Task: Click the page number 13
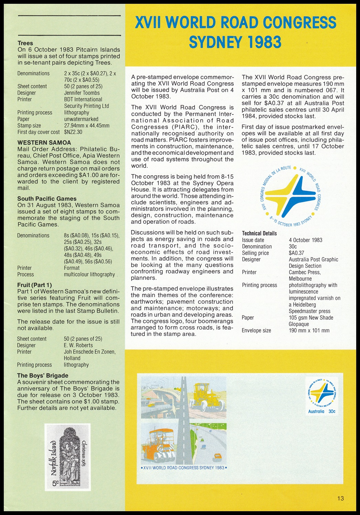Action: (x=341, y=498)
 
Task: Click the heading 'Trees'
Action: (x=25, y=43)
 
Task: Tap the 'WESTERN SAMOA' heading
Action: (x=44, y=143)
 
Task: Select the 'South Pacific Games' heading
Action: (x=47, y=199)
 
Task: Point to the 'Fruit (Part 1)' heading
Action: (x=34, y=285)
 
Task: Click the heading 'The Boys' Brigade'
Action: (x=43, y=376)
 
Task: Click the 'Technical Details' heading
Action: (x=259, y=233)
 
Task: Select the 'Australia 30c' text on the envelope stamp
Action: (x=321, y=411)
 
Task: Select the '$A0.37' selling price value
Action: (x=296, y=253)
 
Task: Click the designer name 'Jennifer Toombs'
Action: (x=82, y=93)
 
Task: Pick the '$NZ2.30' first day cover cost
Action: (x=73, y=132)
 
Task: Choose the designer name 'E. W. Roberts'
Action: (x=78, y=345)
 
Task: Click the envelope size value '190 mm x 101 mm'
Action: (x=309, y=331)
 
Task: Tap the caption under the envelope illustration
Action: (x=184, y=468)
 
